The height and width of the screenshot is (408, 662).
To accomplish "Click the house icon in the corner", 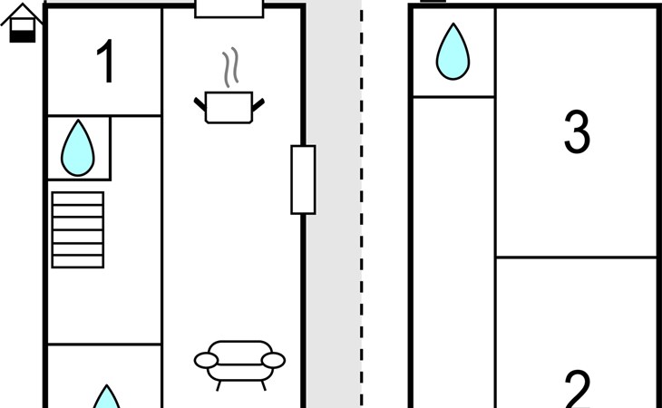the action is point(22,24).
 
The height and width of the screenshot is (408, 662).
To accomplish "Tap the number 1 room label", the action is point(106,61).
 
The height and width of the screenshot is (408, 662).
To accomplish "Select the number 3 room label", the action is point(577,131).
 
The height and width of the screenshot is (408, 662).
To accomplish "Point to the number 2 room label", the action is point(577,389).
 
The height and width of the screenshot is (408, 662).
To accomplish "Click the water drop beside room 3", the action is point(453,52).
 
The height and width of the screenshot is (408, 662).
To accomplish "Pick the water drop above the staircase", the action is point(78,148).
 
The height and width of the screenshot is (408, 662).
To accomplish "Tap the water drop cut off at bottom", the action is point(106,396).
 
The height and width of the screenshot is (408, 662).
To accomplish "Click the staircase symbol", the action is point(78,230).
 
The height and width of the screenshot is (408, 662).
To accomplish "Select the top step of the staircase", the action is point(78,199).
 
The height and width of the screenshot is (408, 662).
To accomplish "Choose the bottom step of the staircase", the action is point(78,262).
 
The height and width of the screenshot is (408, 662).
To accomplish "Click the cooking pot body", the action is point(229,108).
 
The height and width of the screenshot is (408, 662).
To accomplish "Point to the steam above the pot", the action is point(230,67).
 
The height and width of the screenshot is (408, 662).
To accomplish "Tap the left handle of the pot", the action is point(200,104).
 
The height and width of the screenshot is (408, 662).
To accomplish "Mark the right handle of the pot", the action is point(258,105).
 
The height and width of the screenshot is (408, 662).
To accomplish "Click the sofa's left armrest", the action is point(206,361).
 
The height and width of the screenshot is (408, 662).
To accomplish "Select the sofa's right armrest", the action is point(273,361).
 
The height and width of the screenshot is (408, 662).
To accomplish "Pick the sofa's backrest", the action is point(240,353).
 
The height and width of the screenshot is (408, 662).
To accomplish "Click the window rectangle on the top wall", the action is point(229,8).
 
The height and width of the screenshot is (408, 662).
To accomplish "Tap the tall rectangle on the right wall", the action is point(303,180).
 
